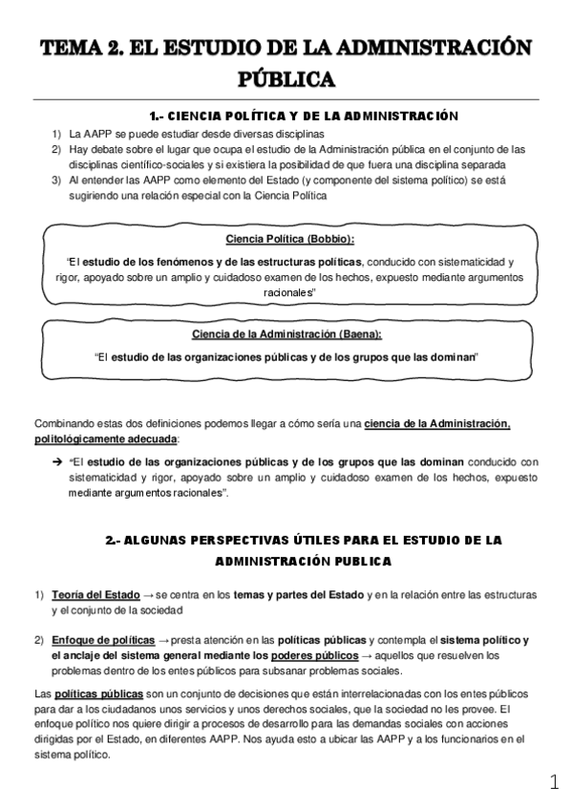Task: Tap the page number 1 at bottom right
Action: pyautogui.click(x=555, y=783)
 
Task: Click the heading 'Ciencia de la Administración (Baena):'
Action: pyautogui.click(x=287, y=333)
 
